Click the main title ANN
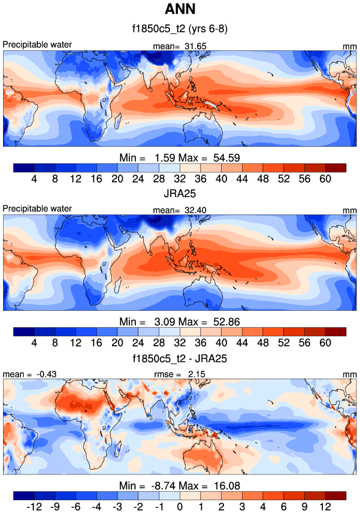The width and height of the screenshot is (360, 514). pos(180,10)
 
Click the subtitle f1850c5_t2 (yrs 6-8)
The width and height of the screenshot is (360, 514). pos(180,29)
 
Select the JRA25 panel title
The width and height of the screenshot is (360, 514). pos(180,192)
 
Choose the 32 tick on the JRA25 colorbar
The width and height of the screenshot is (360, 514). pos(180,343)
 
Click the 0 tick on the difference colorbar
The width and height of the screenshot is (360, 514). pos(180,507)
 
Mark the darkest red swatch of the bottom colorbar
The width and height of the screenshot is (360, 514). pos(336,495)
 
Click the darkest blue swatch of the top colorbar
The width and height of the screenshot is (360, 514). pos(23,167)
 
